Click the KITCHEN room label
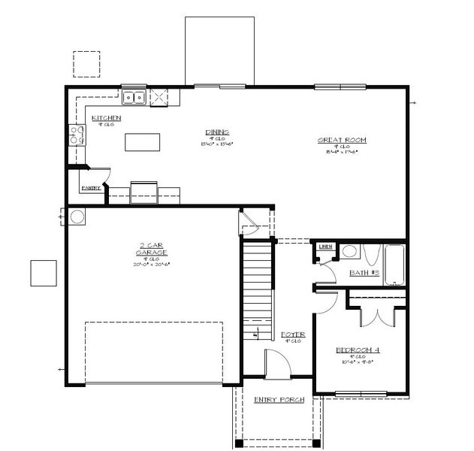[106, 118]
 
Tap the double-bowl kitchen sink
[134, 96]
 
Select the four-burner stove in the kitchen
[77, 135]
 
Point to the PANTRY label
[92, 187]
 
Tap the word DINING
[216, 132]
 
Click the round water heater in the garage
[77, 217]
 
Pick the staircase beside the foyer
[257, 286]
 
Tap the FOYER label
[291, 334]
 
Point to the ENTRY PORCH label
[279, 400]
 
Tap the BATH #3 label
[364, 273]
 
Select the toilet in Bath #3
[349, 252]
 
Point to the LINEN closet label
[325, 246]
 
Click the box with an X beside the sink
[159, 97]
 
